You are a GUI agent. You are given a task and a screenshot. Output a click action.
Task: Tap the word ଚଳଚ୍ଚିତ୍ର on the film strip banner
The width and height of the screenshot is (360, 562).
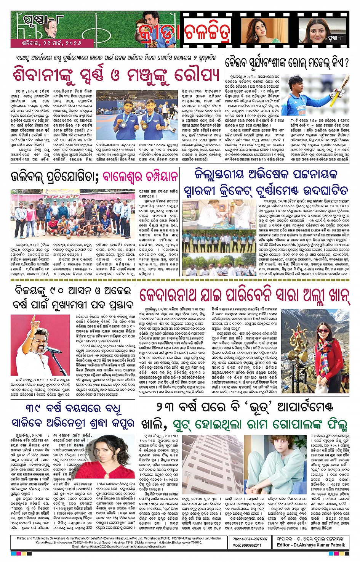click(208, 33)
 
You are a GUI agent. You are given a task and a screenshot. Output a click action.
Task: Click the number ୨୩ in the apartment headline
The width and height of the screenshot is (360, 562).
click(166, 408)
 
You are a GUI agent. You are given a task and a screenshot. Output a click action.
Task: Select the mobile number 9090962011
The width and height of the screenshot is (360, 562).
click(252, 545)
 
